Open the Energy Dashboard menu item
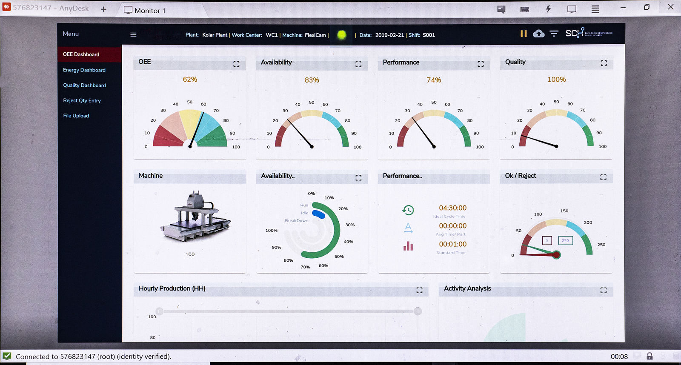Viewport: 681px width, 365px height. click(x=84, y=70)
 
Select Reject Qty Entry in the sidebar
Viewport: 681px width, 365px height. click(x=82, y=101)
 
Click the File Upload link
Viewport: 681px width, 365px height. click(x=76, y=116)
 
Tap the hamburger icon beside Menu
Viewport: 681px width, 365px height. click(x=133, y=35)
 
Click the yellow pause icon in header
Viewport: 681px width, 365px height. click(x=524, y=34)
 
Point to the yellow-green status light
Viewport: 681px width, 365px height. click(x=341, y=35)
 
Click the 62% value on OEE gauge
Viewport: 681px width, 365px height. click(x=190, y=80)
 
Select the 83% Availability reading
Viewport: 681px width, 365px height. click(x=312, y=80)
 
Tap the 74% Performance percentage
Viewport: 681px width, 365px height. click(x=434, y=80)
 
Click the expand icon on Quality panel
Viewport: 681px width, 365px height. click(x=604, y=63)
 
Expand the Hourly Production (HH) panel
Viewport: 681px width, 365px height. click(x=419, y=290)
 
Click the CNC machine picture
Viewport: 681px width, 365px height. click(x=195, y=217)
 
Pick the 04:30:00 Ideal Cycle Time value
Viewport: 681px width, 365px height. click(x=452, y=208)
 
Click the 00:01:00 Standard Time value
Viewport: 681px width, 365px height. click(x=452, y=244)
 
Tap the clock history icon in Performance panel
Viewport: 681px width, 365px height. click(x=408, y=210)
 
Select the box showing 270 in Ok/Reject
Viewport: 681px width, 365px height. click(x=565, y=240)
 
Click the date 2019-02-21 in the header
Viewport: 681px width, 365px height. click(x=389, y=35)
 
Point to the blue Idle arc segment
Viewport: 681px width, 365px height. click(x=319, y=214)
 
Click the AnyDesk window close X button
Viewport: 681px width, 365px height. click(x=670, y=7)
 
